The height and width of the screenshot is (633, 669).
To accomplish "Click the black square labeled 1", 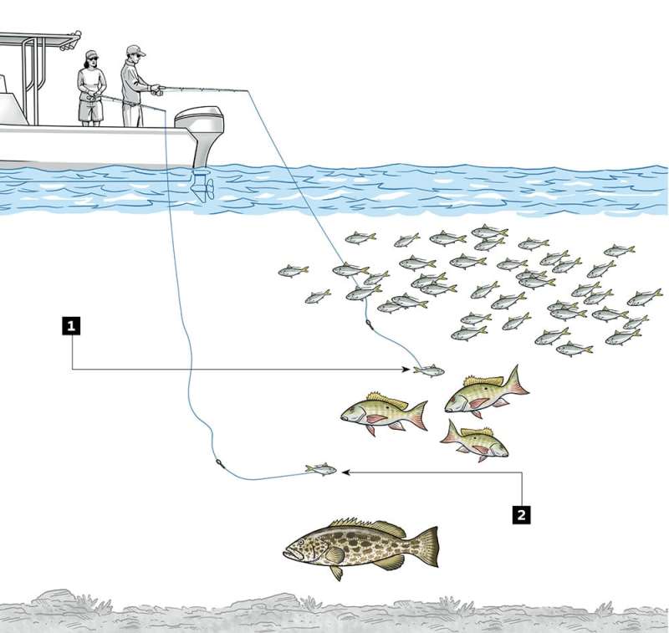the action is tap(71, 326).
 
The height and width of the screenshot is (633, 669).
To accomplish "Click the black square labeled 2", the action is tap(521, 515).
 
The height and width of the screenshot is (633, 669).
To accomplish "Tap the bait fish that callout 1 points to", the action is tap(429, 370).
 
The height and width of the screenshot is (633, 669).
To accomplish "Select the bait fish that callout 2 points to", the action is tap(321, 469).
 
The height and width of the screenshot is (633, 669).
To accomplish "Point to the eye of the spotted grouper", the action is tap(301, 542).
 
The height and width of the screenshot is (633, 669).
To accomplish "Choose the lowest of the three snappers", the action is tap(474, 441).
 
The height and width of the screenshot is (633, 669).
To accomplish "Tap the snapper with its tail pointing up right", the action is tap(487, 391).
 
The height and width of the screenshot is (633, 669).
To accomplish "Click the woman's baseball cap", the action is tap(91, 55).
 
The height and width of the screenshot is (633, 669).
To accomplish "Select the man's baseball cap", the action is tap(135, 50).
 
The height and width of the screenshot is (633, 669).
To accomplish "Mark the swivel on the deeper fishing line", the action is tap(219, 463).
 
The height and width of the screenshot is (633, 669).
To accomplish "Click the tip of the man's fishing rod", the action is tap(248, 90).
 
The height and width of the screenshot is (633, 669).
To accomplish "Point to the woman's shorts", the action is tap(90, 110).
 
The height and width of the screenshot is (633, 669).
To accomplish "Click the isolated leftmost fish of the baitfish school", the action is tap(294, 270).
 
